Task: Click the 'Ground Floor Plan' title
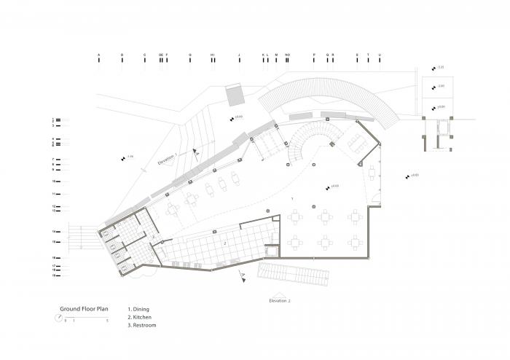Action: pyautogui.click(x=83, y=308)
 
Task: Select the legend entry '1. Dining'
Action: pyautogui.click(x=139, y=309)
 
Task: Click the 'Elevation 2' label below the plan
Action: pyautogui.click(x=279, y=300)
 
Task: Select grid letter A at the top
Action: pyautogui.click(x=98, y=55)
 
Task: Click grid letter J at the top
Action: pyautogui.click(x=238, y=55)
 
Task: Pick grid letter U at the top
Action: pyautogui.click(x=380, y=55)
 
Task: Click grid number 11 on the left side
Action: pyautogui.click(x=54, y=195)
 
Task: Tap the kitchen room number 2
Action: pyautogui.click(x=226, y=242)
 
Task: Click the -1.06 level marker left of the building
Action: pyautogui.click(x=129, y=157)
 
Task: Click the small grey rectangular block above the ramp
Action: pyautogui.click(x=235, y=95)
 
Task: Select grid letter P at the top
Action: pyautogui.click(x=314, y=55)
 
